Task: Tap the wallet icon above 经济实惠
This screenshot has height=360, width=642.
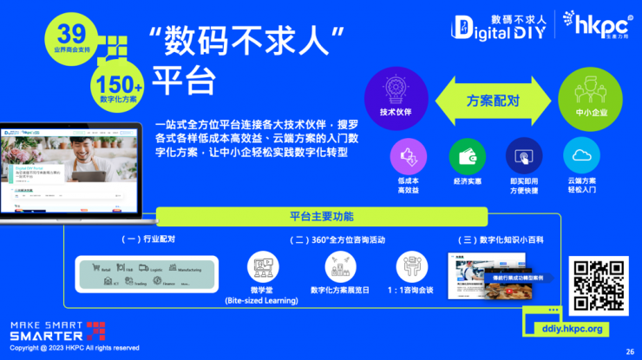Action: [467, 156]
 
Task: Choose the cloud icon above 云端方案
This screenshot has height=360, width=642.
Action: [582, 156]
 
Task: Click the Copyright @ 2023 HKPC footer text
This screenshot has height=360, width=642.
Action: [74, 348]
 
